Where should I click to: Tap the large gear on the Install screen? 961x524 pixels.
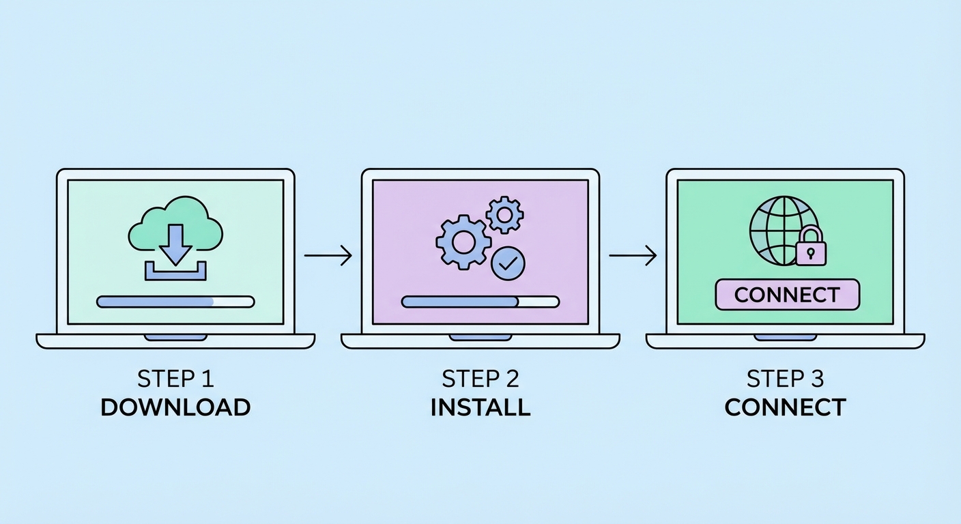463,241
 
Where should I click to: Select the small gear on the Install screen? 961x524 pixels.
504,214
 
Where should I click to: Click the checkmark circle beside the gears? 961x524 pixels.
508,263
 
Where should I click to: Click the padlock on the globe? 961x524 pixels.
810,247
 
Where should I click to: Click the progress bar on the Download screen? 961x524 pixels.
175,302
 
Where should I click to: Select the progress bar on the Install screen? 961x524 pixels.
480,302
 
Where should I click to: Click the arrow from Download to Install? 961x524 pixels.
328,256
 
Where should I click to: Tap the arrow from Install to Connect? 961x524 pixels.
633,256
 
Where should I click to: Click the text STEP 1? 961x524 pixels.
175,379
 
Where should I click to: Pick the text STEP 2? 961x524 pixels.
480,379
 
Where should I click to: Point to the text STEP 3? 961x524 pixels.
785,379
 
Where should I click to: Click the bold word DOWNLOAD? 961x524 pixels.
175,407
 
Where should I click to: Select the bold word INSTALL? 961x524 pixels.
480,407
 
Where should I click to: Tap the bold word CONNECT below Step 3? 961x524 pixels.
785,407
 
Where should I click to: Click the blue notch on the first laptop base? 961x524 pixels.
175,337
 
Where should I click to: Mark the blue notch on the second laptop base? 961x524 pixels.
480,337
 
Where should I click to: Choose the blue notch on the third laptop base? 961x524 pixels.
785,337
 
